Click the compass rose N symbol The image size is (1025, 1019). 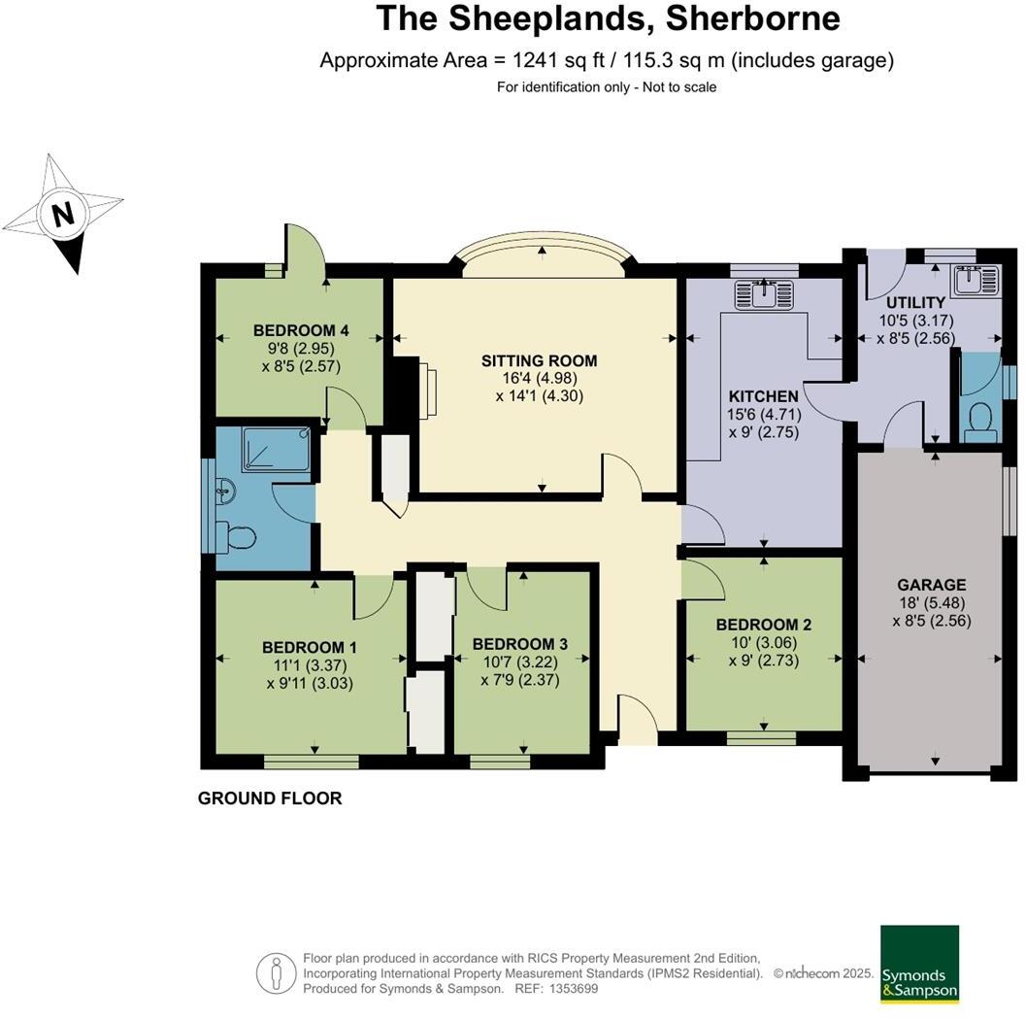(63, 213)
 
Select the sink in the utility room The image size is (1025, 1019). (975, 280)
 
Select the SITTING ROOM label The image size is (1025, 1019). (539, 360)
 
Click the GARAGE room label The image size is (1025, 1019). (931, 585)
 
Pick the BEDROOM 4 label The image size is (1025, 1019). (300, 328)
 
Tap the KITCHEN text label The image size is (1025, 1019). (764, 396)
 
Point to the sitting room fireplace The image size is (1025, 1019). (427, 391)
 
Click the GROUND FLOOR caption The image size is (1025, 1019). (270, 798)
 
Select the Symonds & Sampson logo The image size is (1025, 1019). (918, 964)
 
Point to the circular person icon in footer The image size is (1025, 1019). (276, 972)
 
